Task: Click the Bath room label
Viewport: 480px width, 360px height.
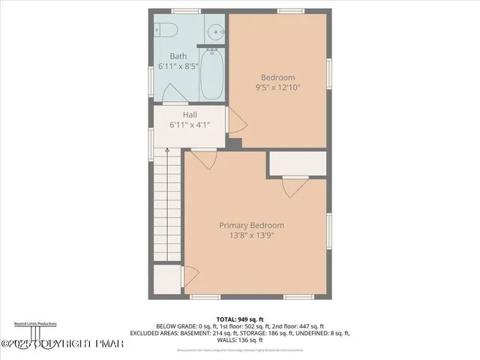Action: click(178, 56)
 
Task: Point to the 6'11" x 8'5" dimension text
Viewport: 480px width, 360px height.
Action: click(178, 67)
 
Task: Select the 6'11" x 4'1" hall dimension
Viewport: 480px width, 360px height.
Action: click(190, 125)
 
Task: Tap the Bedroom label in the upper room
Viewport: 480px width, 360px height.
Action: click(277, 77)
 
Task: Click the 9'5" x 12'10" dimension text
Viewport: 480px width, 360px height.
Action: click(277, 88)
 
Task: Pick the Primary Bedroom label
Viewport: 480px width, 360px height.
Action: click(251, 225)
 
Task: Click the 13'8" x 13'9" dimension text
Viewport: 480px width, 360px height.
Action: click(251, 235)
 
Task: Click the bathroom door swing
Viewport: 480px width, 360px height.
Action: click(171, 93)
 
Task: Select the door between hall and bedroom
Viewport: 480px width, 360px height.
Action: click(235, 119)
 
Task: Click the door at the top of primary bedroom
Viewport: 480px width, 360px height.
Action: click(203, 158)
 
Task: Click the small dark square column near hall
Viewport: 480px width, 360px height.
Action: click(235, 142)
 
